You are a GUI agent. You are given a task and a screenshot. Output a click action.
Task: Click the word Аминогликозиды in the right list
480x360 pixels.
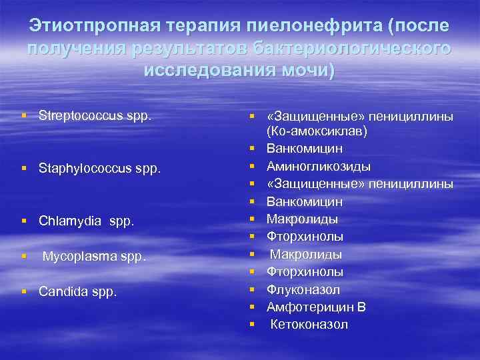point(319,166)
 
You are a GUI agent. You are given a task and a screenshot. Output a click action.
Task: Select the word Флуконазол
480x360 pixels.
point(303,289)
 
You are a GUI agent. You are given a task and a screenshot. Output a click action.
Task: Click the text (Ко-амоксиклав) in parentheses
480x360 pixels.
point(318,131)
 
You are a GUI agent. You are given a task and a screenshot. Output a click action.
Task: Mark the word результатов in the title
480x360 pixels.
point(184,49)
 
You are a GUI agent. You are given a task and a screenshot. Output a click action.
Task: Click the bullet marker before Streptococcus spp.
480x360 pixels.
point(24,116)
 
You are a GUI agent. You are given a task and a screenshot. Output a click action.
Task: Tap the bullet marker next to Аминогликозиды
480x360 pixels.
point(253,166)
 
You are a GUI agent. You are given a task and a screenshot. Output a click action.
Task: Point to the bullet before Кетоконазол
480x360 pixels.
point(253,325)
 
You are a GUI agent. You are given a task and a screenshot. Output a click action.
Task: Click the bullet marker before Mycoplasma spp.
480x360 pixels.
point(24,256)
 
